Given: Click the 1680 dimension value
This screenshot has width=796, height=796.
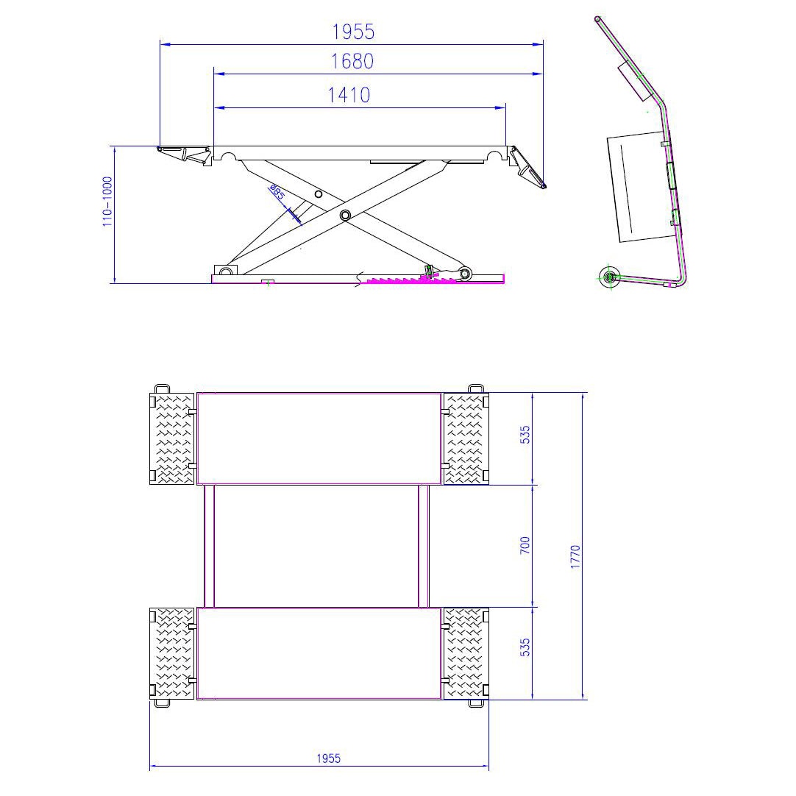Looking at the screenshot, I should tap(352, 62).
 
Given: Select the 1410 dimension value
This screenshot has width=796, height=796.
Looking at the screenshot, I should tap(349, 95).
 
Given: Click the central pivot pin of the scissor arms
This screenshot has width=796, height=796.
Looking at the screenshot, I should tap(344, 214).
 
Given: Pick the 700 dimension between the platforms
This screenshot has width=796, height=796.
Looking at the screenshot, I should tap(525, 546).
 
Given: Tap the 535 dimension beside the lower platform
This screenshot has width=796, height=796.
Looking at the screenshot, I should tap(525, 647).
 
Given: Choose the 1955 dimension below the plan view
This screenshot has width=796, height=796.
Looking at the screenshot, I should tap(329, 758).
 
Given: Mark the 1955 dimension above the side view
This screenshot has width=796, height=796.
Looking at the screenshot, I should tap(353, 32).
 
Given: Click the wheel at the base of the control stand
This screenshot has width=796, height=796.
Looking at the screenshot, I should tap(609, 277).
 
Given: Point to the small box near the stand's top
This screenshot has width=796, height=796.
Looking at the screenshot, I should tap(638, 81).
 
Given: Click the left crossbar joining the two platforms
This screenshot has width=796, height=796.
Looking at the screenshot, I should tap(210, 546).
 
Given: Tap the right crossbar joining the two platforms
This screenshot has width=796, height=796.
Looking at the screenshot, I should tap(424, 546).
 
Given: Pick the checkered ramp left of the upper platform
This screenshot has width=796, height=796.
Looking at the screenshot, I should tap(171, 438).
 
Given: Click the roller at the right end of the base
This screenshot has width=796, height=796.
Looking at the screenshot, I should tap(465, 274).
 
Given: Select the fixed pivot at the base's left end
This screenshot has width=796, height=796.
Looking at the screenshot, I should tap(221, 271).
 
